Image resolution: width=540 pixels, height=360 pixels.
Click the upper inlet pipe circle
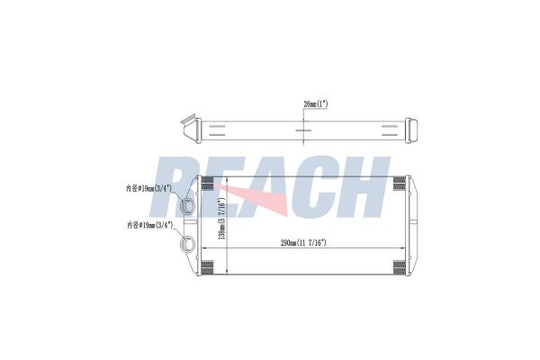point(188,206)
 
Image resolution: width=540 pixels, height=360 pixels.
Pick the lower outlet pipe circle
point(188,243)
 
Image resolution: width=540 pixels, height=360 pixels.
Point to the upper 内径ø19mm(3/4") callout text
point(148,188)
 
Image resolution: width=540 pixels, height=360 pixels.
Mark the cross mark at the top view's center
point(303,130)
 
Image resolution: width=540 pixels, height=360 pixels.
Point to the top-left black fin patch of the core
point(207,184)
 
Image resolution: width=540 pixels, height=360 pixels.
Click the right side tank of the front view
point(413,224)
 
